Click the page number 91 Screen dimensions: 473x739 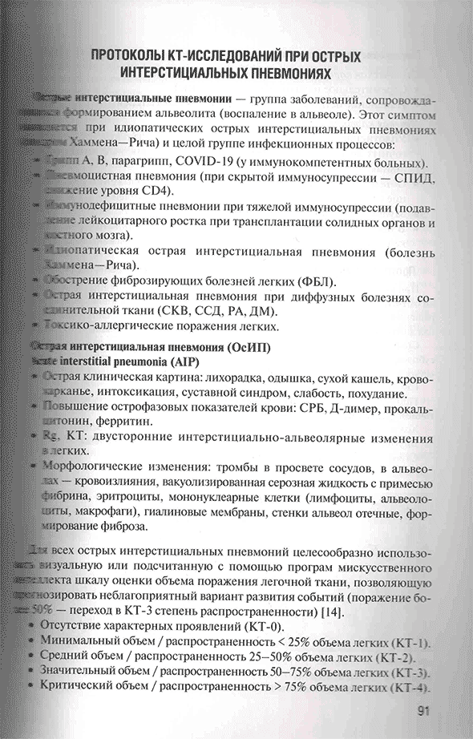[x=425, y=711]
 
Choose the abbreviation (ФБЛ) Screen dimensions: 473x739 [x=314, y=282]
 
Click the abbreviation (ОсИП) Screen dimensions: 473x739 [x=246, y=348]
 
